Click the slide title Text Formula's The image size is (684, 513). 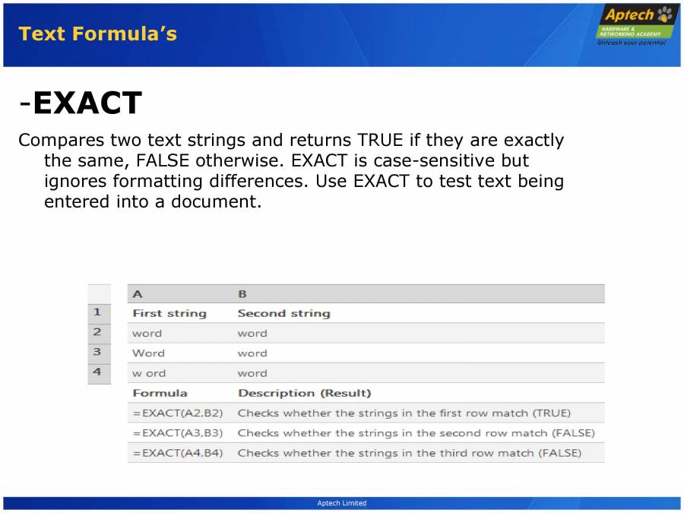pyautogui.click(x=97, y=34)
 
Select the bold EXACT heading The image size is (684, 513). pyautogui.click(x=87, y=103)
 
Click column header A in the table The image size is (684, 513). pyautogui.click(x=137, y=294)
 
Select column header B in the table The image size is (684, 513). pyautogui.click(x=242, y=294)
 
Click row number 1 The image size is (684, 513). pyautogui.click(x=97, y=312)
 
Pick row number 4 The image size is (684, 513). pyautogui.click(x=97, y=372)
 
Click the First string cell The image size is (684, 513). pyautogui.click(x=169, y=313)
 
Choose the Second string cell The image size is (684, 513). pyautogui.click(x=283, y=313)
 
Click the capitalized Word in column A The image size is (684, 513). pyautogui.click(x=148, y=353)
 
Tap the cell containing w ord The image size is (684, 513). pyautogui.click(x=148, y=373)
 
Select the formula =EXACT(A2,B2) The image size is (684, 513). pyautogui.click(x=177, y=413)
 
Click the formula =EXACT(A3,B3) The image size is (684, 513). pyautogui.click(x=177, y=433)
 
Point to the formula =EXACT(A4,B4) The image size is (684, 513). pyautogui.click(x=177, y=453)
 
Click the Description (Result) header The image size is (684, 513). pyautogui.click(x=304, y=394)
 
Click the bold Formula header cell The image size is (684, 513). pyautogui.click(x=160, y=394)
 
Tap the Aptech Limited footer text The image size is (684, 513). pyautogui.click(x=341, y=503)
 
